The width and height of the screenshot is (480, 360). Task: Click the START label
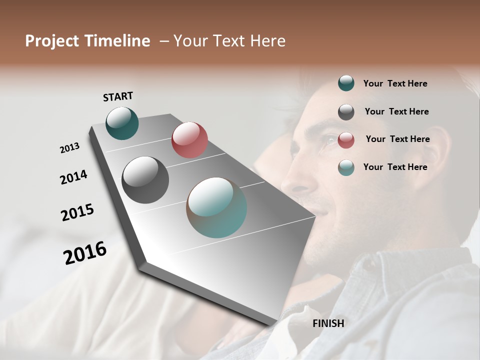pyautogui.click(x=118, y=96)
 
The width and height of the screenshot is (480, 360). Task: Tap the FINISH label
pyautogui.click(x=328, y=323)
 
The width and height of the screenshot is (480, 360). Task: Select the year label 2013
pyautogui.click(x=70, y=147)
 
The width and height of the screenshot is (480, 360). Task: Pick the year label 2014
pyautogui.click(x=74, y=177)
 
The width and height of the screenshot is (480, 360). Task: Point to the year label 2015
pyautogui.click(x=77, y=212)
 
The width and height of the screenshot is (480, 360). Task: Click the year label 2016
pyautogui.click(x=85, y=252)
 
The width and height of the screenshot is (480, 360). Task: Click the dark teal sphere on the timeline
pyautogui.click(x=122, y=123)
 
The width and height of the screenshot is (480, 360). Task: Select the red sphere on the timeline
pyautogui.click(x=189, y=140)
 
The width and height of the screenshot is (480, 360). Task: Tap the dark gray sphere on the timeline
pyautogui.click(x=145, y=179)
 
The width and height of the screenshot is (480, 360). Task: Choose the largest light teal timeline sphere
pyautogui.click(x=216, y=207)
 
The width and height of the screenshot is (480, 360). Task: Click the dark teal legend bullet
pyautogui.click(x=346, y=83)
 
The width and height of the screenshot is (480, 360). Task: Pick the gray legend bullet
pyautogui.click(x=346, y=112)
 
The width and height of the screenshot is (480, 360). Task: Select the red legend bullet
pyautogui.click(x=346, y=140)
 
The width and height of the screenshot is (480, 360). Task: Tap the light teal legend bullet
pyautogui.click(x=346, y=167)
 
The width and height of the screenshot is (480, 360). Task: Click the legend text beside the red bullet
pyautogui.click(x=397, y=139)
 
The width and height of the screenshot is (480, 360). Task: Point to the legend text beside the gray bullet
pyautogui.click(x=396, y=111)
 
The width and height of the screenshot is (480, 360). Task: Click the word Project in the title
pyautogui.click(x=52, y=41)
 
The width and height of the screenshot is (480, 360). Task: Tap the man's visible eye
pyautogui.click(x=331, y=140)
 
